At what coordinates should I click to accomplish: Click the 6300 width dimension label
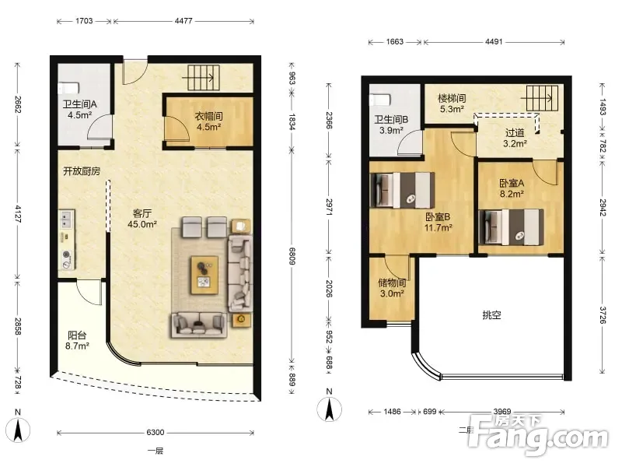pyautogui.click(x=155, y=433)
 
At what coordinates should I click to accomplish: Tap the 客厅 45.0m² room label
pyautogui.click(x=142, y=219)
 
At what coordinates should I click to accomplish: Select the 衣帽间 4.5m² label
pyautogui.click(x=208, y=121)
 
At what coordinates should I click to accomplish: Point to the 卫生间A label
pyautogui.click(x=80, y=104)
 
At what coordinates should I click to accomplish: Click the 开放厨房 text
pyautogui.click(x=82, y=171)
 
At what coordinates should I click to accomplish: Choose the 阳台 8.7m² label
pyautogui.click(x=77, y=341)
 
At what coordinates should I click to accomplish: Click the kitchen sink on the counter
pyautogui.click(x=66, y=219)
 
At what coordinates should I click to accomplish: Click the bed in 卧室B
pyautogui.click(x=402, y=190)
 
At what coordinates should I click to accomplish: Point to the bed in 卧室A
pyautogui.click(x=512, y=227)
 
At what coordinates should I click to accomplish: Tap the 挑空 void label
pyautogui.click(x=491, y=315)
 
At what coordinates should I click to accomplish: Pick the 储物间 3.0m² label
pyautogui.click(x=392, y=288)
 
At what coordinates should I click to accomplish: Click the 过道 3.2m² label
pyautogui.click(x=515, y=139)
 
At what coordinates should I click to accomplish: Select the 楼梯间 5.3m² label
pyautogui.click(x=452, y=104)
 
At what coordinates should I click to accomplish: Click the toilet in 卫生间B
pyautogui.click(x=380, y=100)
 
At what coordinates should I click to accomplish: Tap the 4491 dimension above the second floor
pyautogui.click(x=494, y=41)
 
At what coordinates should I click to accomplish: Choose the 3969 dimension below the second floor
pyautogui.click(x=502, y=412)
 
